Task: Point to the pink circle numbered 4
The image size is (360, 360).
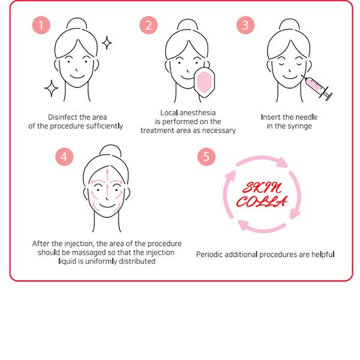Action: tap(64, 157)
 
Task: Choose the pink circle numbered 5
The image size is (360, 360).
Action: tap(206, 157)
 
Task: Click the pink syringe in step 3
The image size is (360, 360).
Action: tap(317, 88)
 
